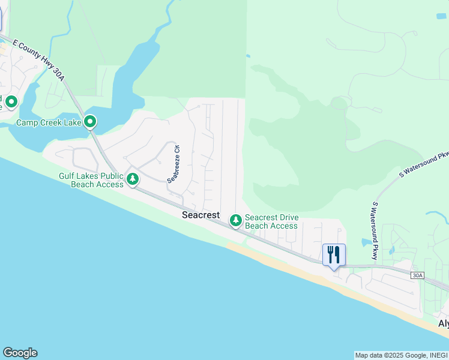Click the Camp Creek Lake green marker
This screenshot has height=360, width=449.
coord(90,122)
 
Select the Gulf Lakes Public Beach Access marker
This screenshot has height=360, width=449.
coord(133,179)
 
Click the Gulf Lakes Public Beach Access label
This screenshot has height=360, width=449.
coord(92,180)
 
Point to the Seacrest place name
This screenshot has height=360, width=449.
coord(202,215)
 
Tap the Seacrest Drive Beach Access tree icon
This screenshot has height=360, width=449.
coord(236,221)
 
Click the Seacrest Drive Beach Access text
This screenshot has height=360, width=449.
coord(271,222)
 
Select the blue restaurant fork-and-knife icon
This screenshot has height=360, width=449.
coord(333,254)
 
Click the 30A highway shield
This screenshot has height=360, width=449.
coord(418,275)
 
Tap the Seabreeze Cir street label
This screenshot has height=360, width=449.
coord(173,163)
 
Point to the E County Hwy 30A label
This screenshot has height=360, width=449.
coord(37,54)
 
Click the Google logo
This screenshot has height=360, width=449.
coord(20,353)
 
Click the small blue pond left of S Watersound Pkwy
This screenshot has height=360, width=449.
coord(366,242)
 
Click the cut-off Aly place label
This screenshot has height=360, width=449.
coord(443,323)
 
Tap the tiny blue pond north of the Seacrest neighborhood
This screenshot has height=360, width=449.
coord(247,56)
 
